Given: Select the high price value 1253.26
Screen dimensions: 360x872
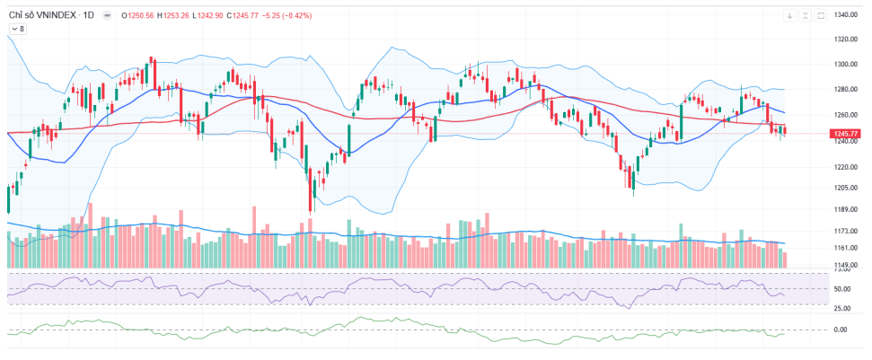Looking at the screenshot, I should pyautogui.click(x=174, y=15).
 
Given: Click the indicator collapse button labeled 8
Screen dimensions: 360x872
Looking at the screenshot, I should pyautogui.click(x=18, y=29).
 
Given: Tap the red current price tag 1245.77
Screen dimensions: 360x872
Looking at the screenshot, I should pyautogui.click(x=846, y=134).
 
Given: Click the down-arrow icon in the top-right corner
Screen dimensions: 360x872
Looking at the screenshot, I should pyautogui.click(x=790, y=15).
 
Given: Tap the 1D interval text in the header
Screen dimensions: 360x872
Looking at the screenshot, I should pyautogui.click(x=89, y=15).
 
